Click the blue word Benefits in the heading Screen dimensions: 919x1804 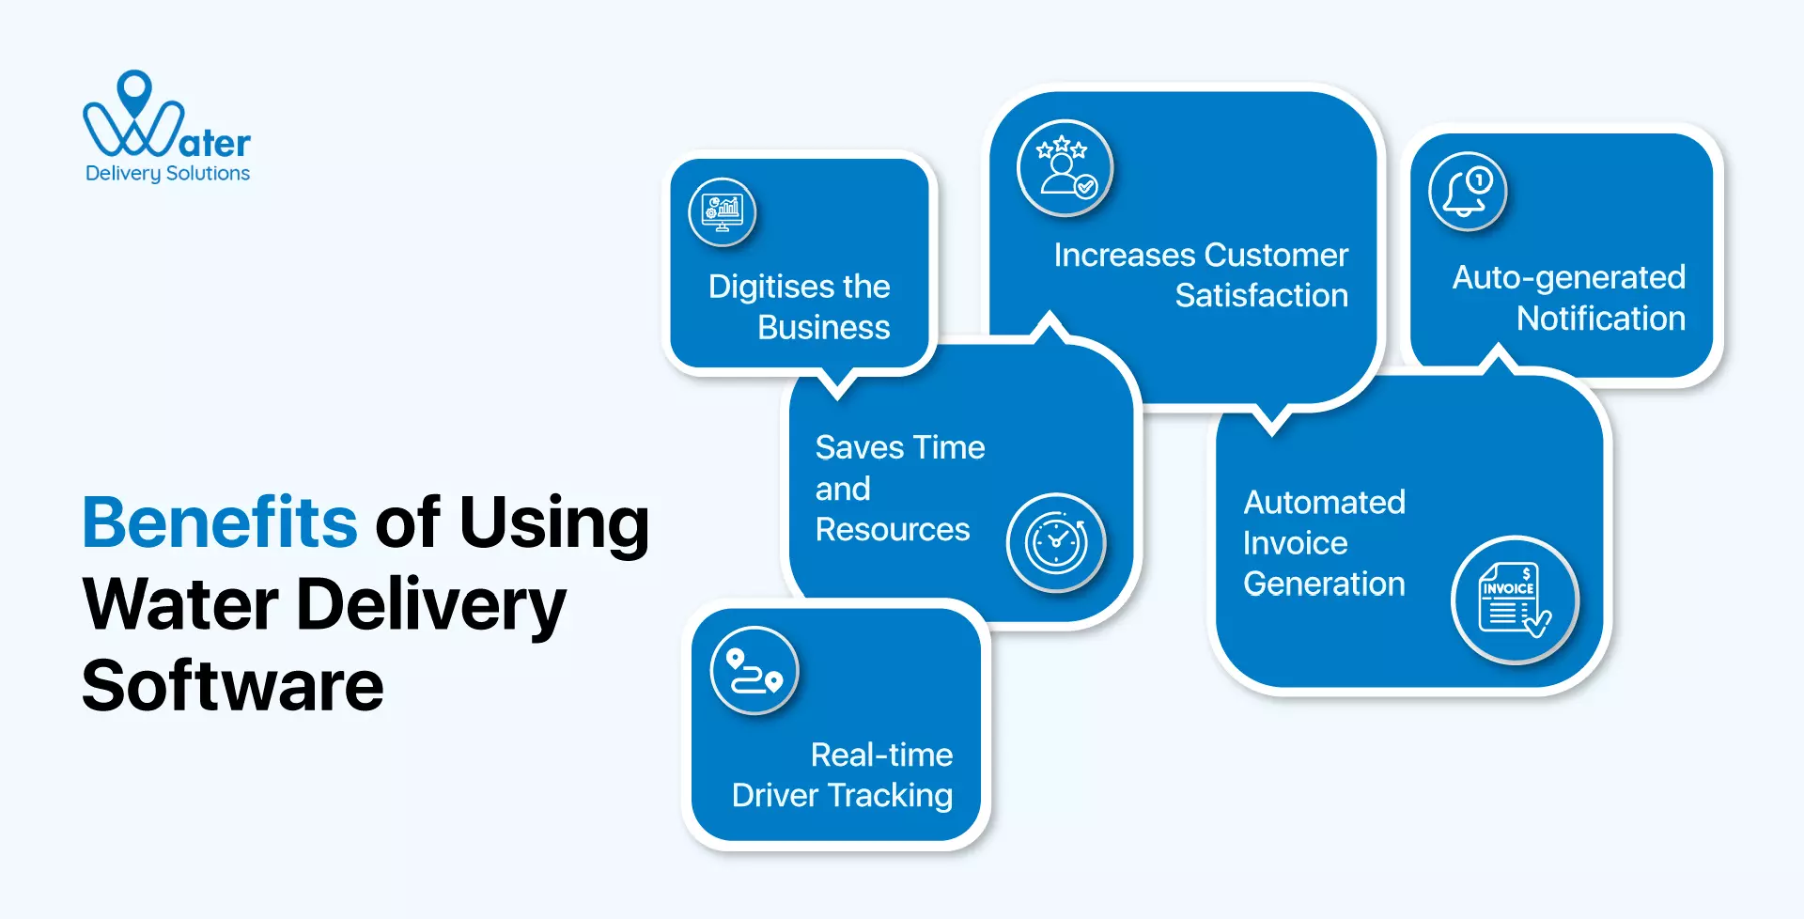[219, 522]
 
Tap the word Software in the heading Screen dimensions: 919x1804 [232, 686]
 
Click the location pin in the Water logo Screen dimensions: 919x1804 [134, 91]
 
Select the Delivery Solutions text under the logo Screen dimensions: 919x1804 [167, 174]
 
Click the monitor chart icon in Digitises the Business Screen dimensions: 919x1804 [722, 212]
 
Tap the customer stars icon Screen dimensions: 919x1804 [1065, 168]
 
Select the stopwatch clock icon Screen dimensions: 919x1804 [1056, 543]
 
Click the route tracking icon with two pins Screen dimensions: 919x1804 [754, 671]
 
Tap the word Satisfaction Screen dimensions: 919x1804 [1261, 296]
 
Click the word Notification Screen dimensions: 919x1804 [1600, 319]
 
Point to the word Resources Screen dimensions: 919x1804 [892, 530]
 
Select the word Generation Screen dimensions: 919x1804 [1324, 584]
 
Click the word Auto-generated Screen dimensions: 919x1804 [1568, 277]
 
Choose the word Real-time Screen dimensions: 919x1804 [881, 755]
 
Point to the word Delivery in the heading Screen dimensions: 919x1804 [430, 605]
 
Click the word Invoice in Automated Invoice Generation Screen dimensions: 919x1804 [1295, 543]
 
